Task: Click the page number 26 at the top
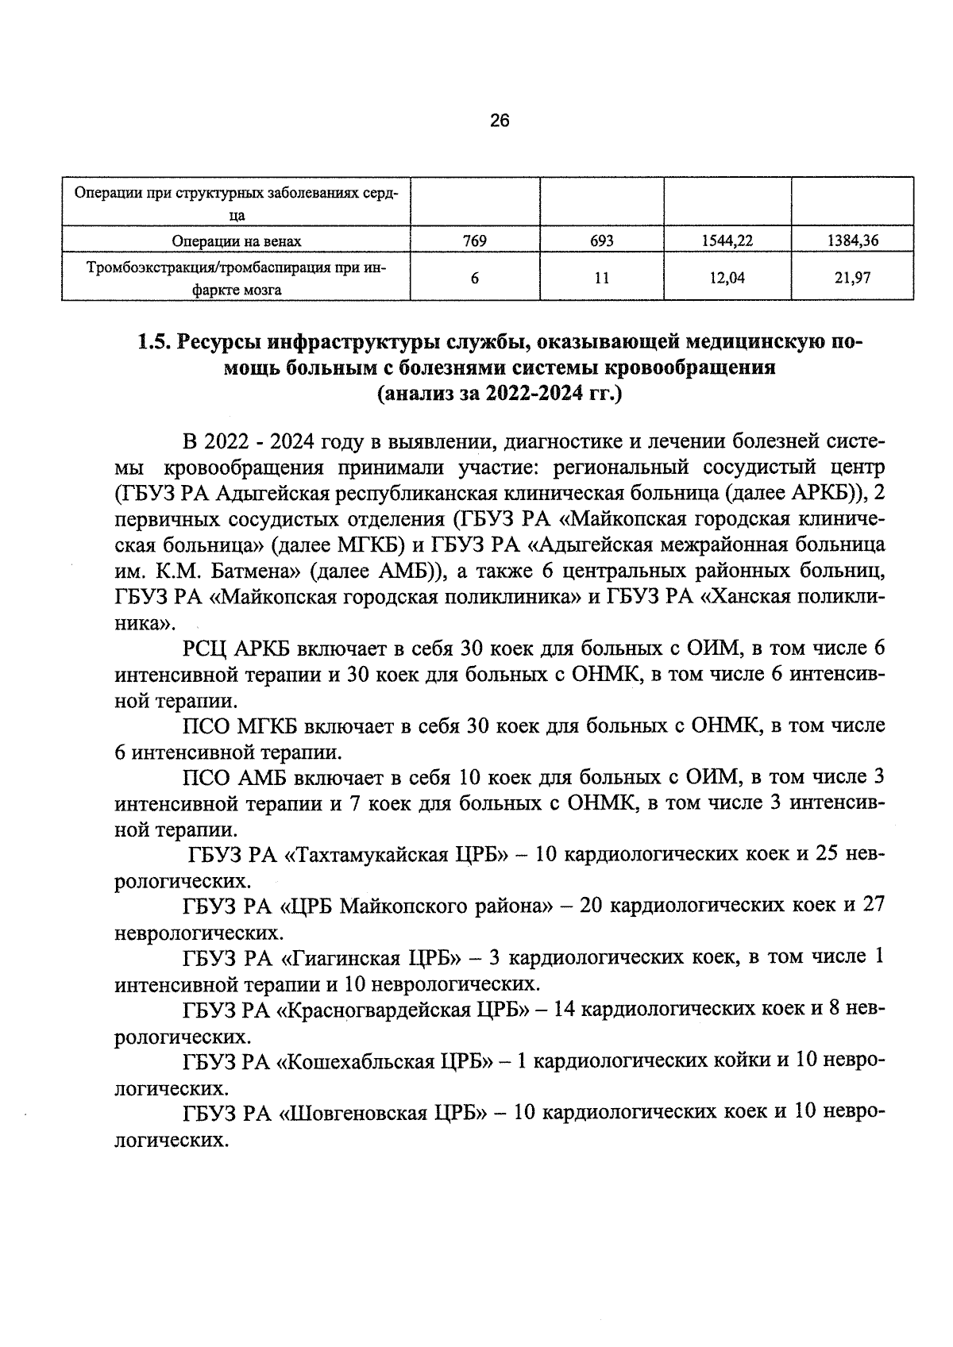pyautogui.click(x=499, y=121)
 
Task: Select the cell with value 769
pyautogui.click(x=474, y=241)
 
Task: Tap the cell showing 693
pyautogui.click(x=601, y=241)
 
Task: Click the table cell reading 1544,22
pyautogui.click(x=727, y=241)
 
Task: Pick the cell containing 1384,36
pyautogui.click(x=852, y=241)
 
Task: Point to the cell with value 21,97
pyautogui.click(x=852, y=277)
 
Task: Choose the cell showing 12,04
pyautogui.click(x=727, y=277)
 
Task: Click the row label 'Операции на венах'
pyautogui.click(x=237, y=241)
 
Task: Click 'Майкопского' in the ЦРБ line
pyautogui.click(x=415, y=906)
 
